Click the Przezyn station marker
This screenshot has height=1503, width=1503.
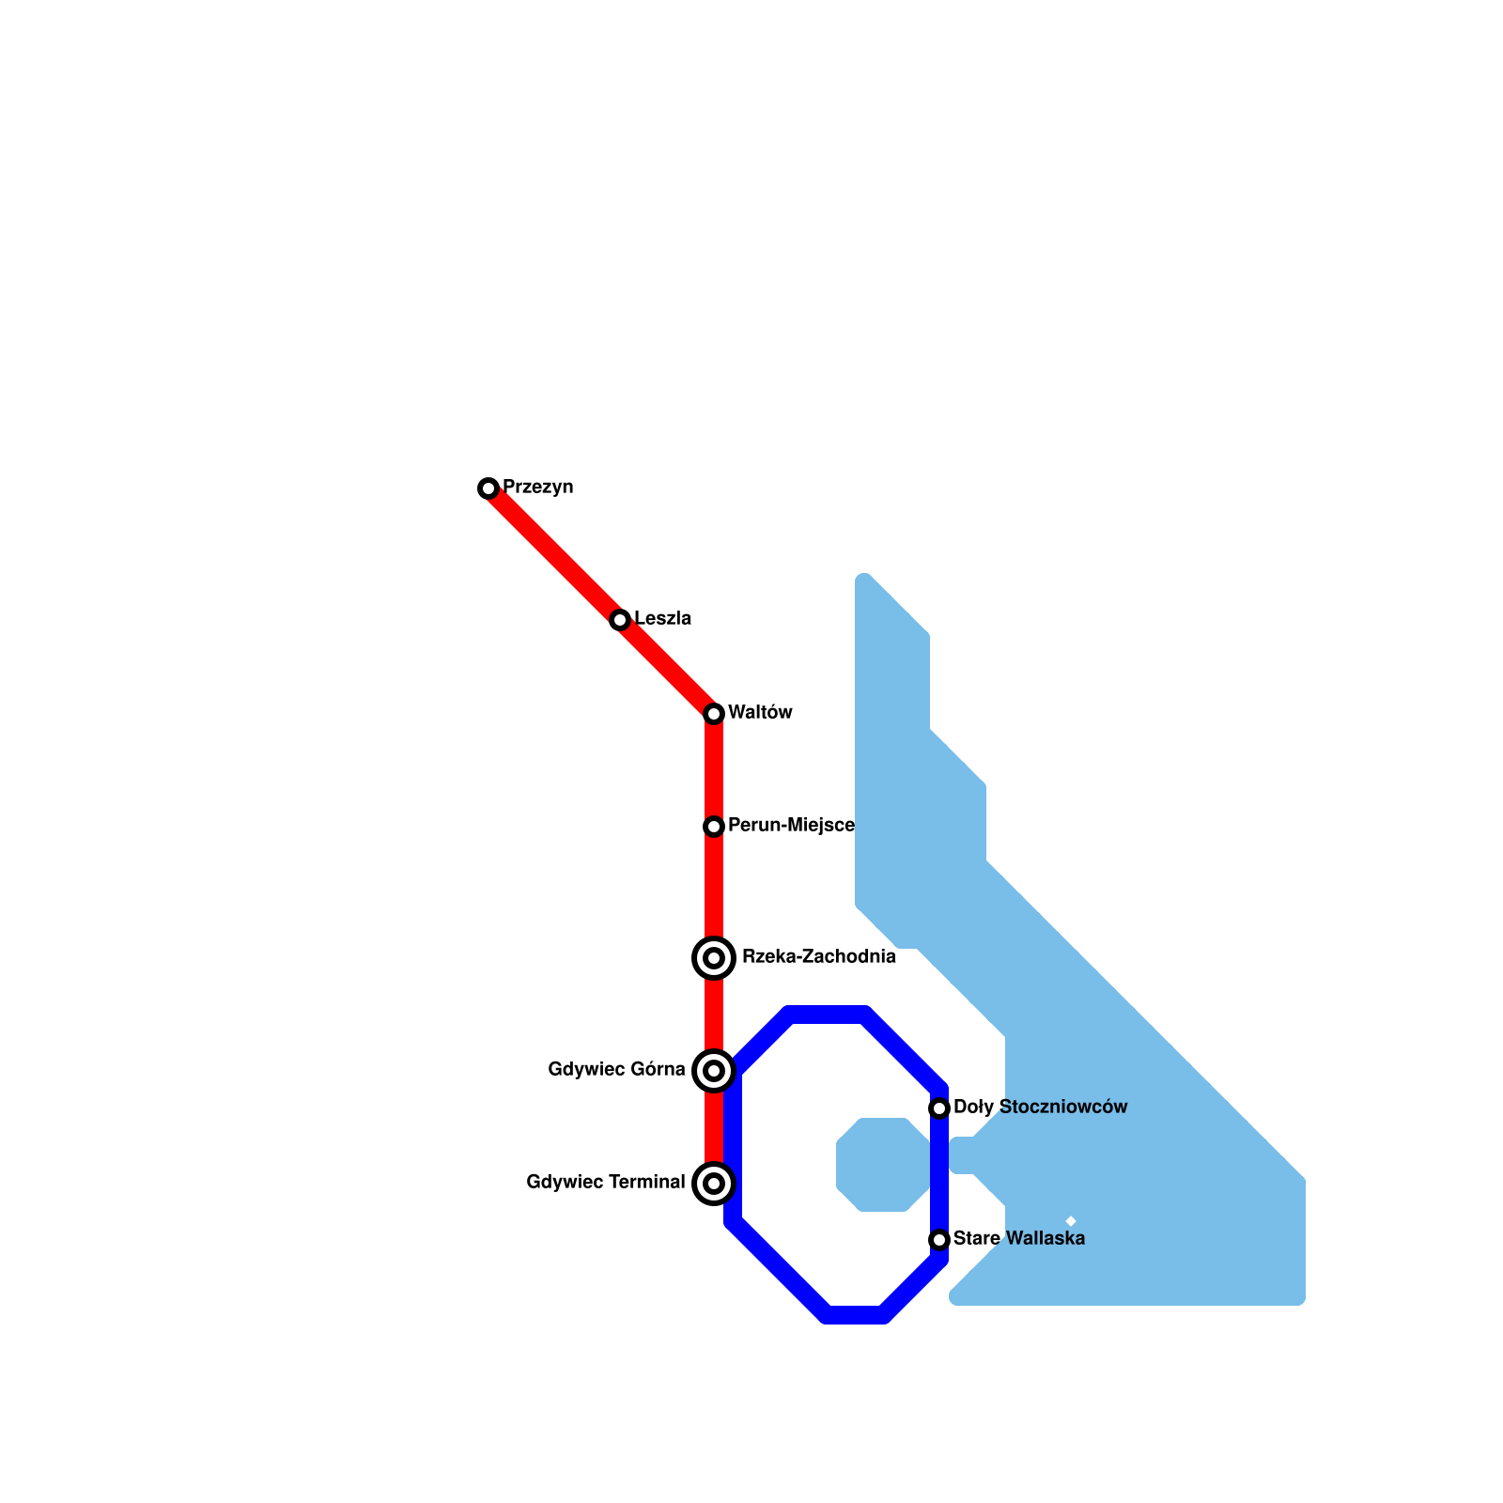pyautogui.click(x=488, y=488)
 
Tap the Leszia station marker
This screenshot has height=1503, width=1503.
pyautogui.click(x=620, y=620)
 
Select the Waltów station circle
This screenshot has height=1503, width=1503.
pyautogui.click(x=714, y=714)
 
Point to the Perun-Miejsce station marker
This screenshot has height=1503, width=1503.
pyautogui.click(x=714, y=827)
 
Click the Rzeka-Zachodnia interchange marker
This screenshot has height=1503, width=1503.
pyautogui.click(x=714, y=958)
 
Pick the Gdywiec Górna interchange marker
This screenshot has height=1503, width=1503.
pyautogui.click(x=714, y=1071)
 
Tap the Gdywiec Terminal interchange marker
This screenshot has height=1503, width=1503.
pyautogui.click(x=714, y=1184)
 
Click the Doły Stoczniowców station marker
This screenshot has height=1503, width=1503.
pyautogui.click(x=939, y=1108)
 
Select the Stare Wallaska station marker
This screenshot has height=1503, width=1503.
pyautogui.click(x=939, y=1240)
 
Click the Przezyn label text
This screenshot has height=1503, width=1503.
pyautogui.click(x=537, y=488)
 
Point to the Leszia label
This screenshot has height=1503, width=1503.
pyautogui.click(x=662, y=619)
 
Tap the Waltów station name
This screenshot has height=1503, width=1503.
pyautogui.click(x=760, y=713)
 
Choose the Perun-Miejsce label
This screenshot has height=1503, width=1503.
pyautogui.click(x=791, y=826)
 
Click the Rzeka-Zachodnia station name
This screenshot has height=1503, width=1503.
pyautogui.click(x=818, y=957)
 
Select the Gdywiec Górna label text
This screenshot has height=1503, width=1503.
pyautogui.click(x=616, y=1070)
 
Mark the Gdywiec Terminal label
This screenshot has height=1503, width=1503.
pyautogui.click(x=606, y=1183)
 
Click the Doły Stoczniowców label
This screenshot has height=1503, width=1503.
pyautogui.click(x=1040, y=1108)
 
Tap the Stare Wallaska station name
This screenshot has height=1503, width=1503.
pyautogui.click(x=1018, y=1239)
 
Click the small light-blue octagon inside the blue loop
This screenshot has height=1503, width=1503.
pyautogui.click(x=883, y=1165)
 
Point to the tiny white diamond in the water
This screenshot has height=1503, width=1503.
pyautogui.click(x=1071, y=1221)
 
